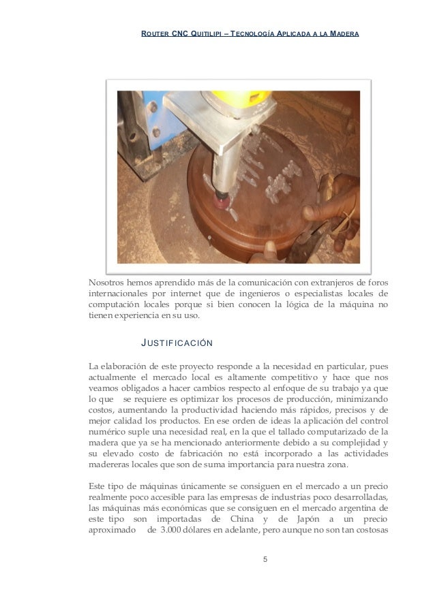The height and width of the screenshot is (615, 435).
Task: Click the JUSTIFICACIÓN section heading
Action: (x=176, y=342)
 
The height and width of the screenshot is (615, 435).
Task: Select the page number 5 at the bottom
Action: (x=265, y=560)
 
